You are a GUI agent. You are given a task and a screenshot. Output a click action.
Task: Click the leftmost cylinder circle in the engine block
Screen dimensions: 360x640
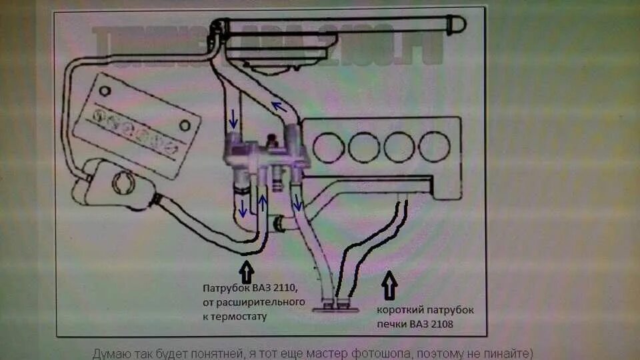[329, 147]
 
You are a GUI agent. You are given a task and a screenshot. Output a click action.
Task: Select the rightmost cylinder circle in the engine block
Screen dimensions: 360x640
[435, 147]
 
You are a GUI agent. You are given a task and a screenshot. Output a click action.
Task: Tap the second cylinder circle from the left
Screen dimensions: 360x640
[364, 147]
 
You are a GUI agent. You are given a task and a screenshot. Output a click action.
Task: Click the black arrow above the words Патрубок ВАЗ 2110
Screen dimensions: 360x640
[246, 273]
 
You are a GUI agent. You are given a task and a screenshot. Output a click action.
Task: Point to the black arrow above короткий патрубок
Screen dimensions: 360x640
[389, 286]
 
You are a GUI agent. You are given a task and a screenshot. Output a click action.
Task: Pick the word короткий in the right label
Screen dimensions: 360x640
[400, 311]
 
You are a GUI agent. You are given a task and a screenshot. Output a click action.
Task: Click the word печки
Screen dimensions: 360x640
[391, 324]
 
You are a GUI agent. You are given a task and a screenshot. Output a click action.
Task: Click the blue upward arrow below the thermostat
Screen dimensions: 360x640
[263, 202]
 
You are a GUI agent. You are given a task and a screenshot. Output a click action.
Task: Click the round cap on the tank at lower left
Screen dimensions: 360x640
[123, 181]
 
